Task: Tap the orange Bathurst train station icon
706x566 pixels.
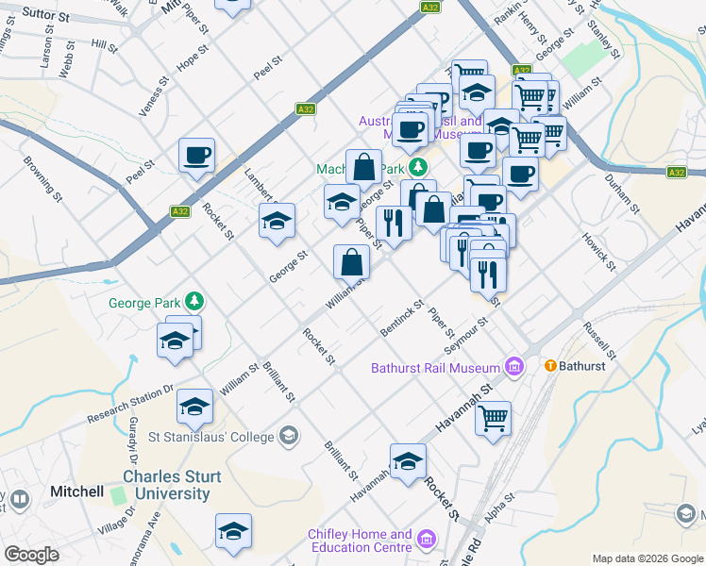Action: pyautogui.click(x=547, y=365)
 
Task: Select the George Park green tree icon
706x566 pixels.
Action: pyautogui.click(x=195, y=302)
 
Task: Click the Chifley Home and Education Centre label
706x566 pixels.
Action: pyautogui.click(x=360, y=541)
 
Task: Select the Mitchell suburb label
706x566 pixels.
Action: pyautogui.click(x=77, y=491)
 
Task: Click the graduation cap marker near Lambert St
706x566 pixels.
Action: pyautogui.click(x=277, y=222)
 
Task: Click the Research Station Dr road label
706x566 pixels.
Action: pyautogui.click(x=131, y=403)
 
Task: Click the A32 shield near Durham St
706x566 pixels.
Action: pyautogui.click(x=676, y=173)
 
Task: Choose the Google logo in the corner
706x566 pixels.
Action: pyautogui.click(x=31, y=555)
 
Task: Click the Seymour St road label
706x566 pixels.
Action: pyautogui.click(x=469, y=333)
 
